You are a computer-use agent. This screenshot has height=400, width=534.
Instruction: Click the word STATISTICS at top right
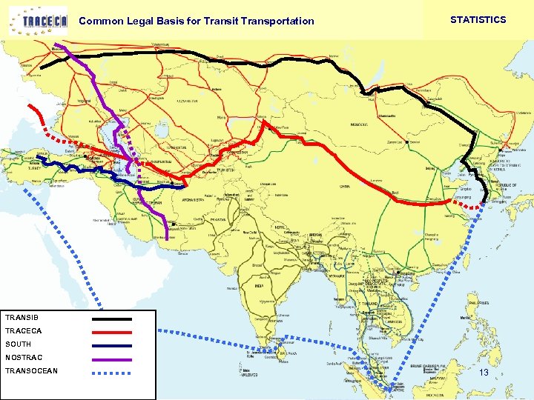pos(478,20)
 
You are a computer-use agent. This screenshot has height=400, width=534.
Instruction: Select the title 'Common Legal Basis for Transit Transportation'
pos(196,21)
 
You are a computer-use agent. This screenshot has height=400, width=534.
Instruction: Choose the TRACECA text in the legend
pos(24,331)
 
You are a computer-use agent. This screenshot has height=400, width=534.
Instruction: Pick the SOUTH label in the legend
pos(19,344)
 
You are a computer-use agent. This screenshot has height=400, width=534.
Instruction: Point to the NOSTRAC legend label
pos(24,358)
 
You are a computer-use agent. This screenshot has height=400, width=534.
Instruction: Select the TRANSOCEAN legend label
pos(31,371)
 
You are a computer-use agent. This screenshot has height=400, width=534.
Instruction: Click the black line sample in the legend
pos(111,319)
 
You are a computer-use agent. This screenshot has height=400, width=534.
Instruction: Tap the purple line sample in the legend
pos(111,359)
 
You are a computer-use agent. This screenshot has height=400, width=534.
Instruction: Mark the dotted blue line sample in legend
pos(111,372)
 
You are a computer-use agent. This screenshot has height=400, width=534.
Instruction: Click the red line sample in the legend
pos(111,332)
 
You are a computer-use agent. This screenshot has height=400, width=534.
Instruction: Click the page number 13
pos(484,373)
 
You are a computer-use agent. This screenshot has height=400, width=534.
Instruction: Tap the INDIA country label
pos(259,285)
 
